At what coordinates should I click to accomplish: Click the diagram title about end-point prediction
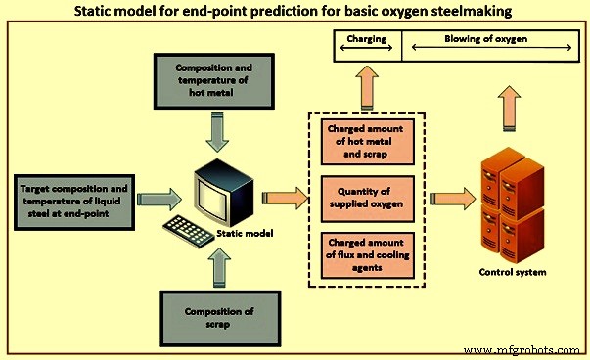coord(295,11)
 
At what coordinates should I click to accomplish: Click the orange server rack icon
coord(513,200)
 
